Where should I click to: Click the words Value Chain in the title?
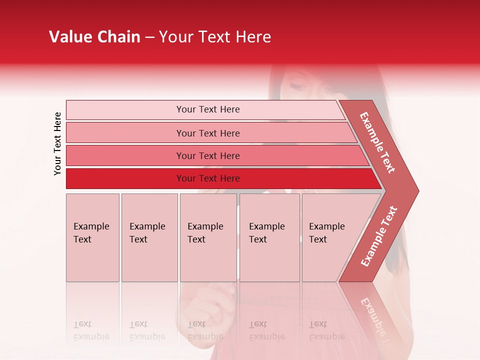(x=94, y=37)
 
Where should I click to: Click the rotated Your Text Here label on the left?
(x=57, y=143)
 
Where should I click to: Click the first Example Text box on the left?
(x=92, y=237)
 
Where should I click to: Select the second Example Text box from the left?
(x=149, y=237)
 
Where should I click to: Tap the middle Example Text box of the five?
(x=208, y=237)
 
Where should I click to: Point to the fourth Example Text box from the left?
(x=269, y=237)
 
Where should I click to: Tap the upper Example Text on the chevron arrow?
(x=377, y=142)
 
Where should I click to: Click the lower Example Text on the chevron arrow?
(x=379, y=236)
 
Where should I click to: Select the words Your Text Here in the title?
(x=215, y=37)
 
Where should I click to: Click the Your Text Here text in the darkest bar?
(x=208, y=178)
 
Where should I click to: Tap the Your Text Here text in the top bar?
(x=208, y=109)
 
